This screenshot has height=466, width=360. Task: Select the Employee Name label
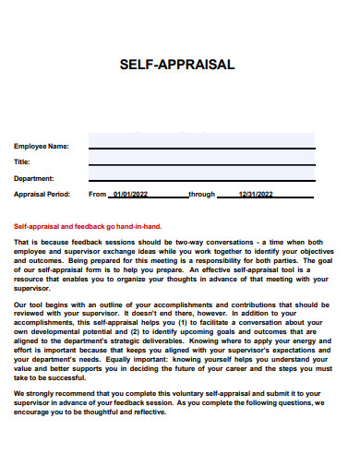41,146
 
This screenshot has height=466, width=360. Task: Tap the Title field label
21,161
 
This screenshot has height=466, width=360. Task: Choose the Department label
33,178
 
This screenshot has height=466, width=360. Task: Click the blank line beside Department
201,180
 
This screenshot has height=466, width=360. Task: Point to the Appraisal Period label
42,195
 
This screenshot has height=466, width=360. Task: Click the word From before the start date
98,195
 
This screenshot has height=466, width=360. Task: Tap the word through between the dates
201,195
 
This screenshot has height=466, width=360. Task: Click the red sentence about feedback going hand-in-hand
88,226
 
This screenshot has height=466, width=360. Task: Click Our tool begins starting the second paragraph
38,304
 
